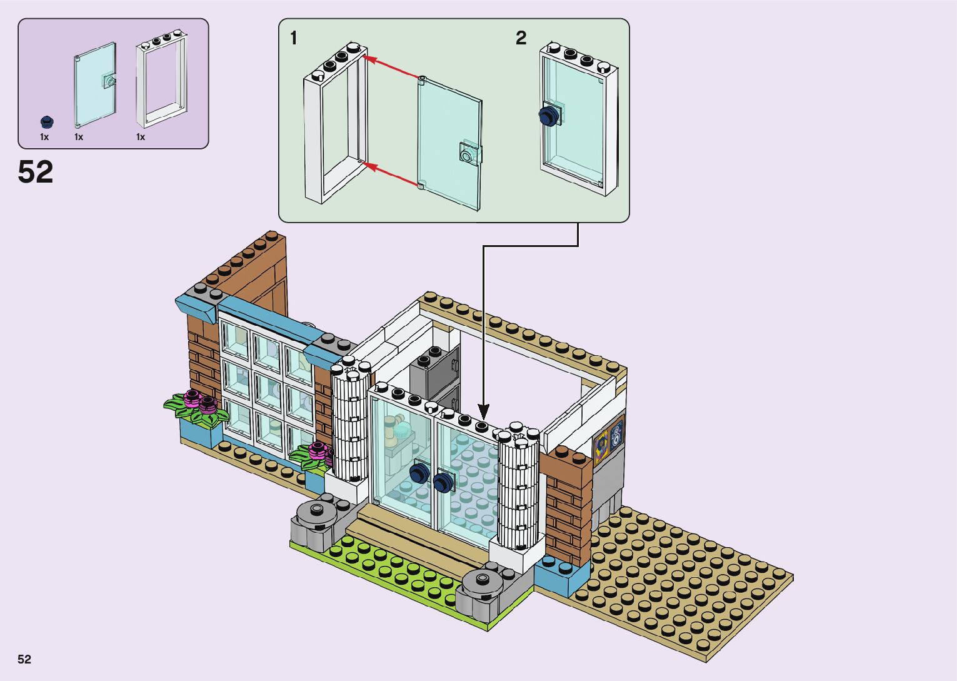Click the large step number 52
(36, 172)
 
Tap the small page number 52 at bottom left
(24, 659)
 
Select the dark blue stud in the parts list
(46, 121)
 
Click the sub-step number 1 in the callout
(294, 39)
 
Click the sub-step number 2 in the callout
(521, 39)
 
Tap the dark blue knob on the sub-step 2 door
(548, 116)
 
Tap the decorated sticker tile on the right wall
(609, 437)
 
